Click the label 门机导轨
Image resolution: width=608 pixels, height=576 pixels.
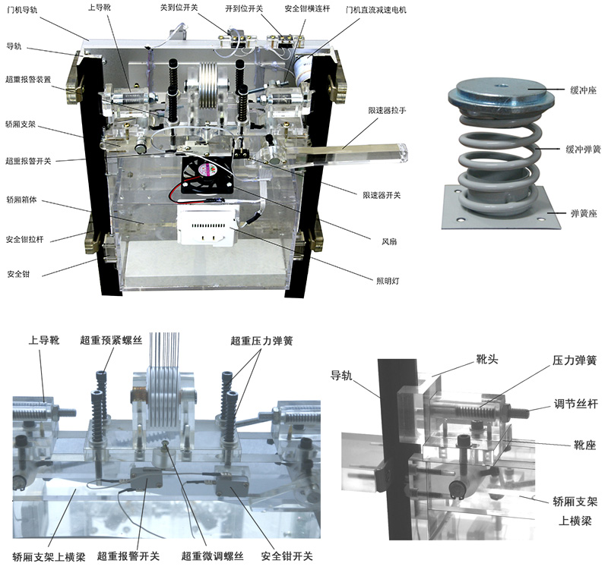click(x=22, y=10)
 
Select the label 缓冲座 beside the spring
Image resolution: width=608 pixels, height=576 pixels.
click(x=583, y=90)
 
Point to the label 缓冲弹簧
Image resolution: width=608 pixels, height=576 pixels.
click(x=583, y=149)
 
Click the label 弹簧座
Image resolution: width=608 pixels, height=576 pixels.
click(x=584, y=213)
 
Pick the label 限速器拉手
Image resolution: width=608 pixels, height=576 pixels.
click(x=387, y=110)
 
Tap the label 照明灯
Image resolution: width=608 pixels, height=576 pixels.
click(x=388, y=281)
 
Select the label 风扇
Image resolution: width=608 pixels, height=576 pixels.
click(x=389, y=241)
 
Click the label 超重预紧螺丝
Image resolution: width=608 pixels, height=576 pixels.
click(x=111, y=340)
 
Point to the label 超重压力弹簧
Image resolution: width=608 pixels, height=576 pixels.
click(x=261, y=341)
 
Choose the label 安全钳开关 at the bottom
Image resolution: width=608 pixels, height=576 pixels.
click(x=287, y=556)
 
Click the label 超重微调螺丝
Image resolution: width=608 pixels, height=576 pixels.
click(x=213, y=556)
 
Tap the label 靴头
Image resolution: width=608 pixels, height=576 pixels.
click(x=486, y=359)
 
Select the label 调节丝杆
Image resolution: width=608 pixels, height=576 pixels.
click(x=576, y=404)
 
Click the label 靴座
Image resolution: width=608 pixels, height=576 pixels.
click(x=584, y=445)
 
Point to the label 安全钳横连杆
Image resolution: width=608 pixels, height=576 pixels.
click(x=307, y=8)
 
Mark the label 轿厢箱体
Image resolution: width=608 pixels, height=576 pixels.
click(x=22, y=200)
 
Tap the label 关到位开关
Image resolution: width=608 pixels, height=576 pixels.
click(x=179, y=8)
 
